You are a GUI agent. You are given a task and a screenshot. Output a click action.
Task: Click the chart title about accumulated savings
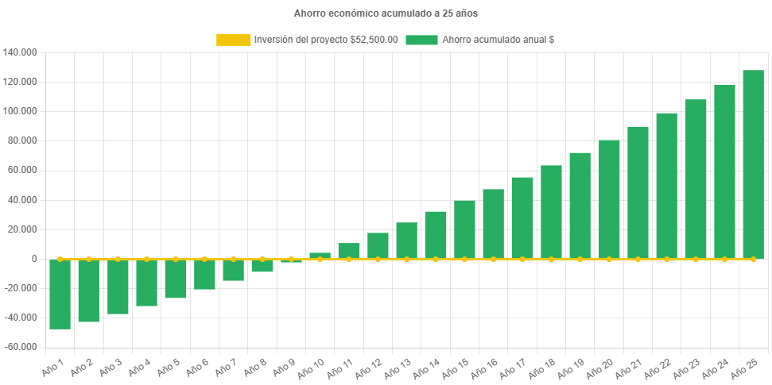coord(386,13)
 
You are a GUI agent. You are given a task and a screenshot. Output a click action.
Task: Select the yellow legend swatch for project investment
coord(233,40)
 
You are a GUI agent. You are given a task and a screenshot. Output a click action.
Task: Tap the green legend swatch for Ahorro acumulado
coord(421,40)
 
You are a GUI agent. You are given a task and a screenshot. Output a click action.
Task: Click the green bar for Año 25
coord(753,164)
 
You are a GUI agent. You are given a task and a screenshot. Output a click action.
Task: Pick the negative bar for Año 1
coord(60,294)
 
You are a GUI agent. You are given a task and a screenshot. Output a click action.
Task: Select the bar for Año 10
coord(320,256)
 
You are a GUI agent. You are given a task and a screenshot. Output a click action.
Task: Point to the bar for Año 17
coord(522,218)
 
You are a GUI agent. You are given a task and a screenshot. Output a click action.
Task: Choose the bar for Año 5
coord(176,279)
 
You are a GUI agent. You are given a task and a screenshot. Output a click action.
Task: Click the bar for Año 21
coord(638,192)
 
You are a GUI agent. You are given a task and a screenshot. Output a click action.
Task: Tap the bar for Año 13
coord(406,241)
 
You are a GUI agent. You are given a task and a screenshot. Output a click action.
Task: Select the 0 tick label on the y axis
coord(34,259)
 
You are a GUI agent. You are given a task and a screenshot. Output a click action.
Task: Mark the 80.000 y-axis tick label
coord(22,141)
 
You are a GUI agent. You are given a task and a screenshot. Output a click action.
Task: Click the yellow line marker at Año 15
coord(464,259)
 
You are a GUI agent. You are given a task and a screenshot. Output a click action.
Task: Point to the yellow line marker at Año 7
coord(233,259)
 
